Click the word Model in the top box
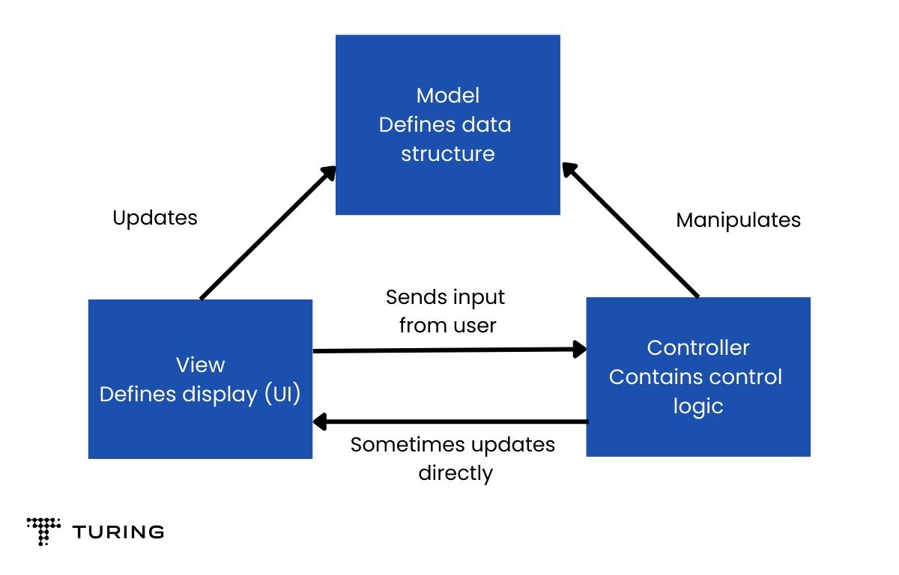[x=447, y=96]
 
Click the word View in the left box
[x=200, y=365]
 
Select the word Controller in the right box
[x=697, y=347]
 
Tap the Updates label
[x=155, y=218]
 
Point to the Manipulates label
[x=738, y=220]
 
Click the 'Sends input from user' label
[x=446, y=311]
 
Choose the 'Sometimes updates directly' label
[x=453, y=458]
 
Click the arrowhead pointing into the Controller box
[x=579, y=349]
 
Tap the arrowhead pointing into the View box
[x=320, y=422]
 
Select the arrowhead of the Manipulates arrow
[x=570, y=170]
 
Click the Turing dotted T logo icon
[x=43, y=531]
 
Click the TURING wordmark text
[x=118, y=532]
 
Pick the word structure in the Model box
[x=447, y=154]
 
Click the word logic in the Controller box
[x=697, y=407]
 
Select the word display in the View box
[x=223, y=395]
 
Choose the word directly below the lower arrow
[x=455, y=473]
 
